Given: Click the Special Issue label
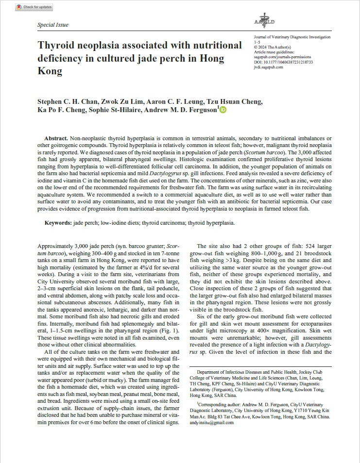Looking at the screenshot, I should [x=53, y=25].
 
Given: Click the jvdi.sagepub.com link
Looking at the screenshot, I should [x=268, y=67].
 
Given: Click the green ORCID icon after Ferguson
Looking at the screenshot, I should [x=223, y=110].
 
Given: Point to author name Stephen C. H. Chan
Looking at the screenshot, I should [x=68, y=101].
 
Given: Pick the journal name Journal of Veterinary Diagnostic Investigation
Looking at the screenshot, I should [x=292, y=37].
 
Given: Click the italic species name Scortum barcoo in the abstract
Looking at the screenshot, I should [x=262, y=151].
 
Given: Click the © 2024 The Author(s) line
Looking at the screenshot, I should [x=275, y=47].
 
